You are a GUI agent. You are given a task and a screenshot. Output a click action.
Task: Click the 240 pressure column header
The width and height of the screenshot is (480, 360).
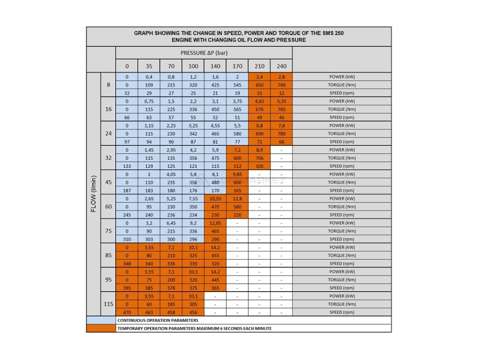281,66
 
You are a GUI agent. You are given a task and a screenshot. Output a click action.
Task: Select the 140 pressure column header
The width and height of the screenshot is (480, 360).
215,66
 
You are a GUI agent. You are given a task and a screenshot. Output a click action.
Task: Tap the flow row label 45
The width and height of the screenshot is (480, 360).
108,182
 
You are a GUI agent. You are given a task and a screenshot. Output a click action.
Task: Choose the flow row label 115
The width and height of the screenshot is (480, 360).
108,304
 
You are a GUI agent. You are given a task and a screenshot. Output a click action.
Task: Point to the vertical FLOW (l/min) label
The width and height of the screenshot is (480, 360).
93,194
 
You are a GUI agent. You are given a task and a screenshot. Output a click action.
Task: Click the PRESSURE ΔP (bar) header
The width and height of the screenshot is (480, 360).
204,53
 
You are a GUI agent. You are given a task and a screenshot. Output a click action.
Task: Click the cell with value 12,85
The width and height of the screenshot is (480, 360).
215,223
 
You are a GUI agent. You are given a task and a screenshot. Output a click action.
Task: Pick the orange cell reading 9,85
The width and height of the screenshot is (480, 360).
237,174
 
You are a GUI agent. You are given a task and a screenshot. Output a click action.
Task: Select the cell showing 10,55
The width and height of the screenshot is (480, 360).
215,199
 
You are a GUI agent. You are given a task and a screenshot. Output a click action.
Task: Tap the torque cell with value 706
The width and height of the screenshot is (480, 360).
259,158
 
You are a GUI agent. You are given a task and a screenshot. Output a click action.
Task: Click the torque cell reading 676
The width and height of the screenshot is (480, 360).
259,109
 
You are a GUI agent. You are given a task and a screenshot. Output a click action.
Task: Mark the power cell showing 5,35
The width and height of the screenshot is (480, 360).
281,101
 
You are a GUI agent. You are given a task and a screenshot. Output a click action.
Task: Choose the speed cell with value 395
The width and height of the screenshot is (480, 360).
127,288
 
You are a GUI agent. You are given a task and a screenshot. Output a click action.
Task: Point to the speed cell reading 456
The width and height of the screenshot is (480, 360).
193,312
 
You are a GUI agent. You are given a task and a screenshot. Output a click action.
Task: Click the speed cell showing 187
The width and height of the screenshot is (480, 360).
127,190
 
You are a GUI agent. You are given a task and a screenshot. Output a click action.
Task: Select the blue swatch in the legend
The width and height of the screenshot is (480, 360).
101,320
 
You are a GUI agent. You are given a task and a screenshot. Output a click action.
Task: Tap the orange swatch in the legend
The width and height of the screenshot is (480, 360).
101,328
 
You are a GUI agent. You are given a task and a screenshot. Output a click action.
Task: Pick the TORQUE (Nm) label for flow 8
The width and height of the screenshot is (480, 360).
342,85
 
